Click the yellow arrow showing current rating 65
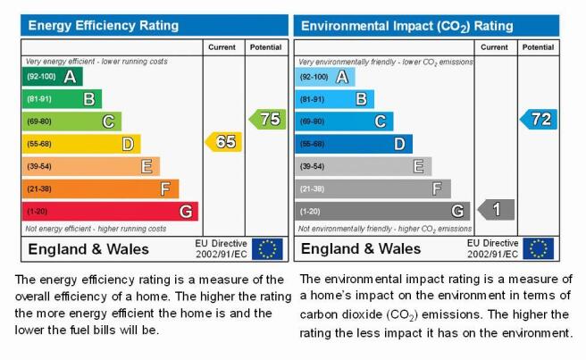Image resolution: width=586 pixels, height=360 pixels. tap(223, 142)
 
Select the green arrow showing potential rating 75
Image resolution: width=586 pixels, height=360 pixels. tap(268, 119)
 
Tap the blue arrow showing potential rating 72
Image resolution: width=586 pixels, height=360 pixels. tap(539, 119)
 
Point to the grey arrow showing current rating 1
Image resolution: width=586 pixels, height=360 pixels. tap(496, 209)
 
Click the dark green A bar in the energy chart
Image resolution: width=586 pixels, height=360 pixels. tap(53, 77)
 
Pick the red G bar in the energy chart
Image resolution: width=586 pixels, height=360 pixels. tap(110, 212)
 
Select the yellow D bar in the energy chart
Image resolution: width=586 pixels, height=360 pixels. tap(81, 144)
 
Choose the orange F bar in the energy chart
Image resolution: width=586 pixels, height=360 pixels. tap(101, 188)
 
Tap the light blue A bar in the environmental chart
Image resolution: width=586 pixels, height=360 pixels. tap(325, 77)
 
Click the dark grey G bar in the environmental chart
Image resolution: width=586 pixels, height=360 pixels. tap(382, 211)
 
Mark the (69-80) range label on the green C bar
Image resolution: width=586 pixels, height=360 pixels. tap(39, 121)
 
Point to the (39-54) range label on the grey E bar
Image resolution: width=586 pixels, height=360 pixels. tap(312, 166)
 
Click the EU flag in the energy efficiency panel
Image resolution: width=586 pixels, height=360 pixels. tap(267, 249)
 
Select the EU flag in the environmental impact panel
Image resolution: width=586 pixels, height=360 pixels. tap(538, 248)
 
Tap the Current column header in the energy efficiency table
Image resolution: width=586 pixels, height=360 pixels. tap(222, 47)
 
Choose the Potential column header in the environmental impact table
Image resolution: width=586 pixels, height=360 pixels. tap(538, 47)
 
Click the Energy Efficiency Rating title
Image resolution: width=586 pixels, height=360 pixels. tap(104, 25)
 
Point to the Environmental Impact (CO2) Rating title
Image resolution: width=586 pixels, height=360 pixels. tap(407, 26)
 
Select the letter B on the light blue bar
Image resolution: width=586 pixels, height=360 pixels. tap(361, 99)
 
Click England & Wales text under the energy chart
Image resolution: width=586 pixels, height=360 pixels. tap(88, 249)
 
